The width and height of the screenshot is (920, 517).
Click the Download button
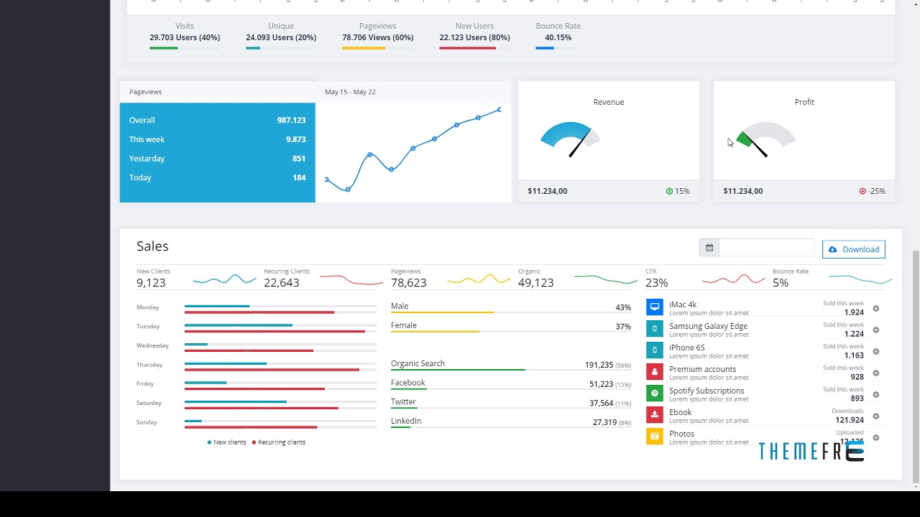853,249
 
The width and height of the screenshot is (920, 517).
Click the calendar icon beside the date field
709,248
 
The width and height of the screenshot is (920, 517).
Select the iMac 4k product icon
654,307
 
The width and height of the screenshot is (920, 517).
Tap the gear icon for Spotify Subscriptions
875,394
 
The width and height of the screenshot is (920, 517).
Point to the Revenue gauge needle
579,143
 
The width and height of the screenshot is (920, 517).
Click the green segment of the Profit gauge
744,139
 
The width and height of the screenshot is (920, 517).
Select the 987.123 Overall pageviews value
291,121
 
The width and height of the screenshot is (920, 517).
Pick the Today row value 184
299,178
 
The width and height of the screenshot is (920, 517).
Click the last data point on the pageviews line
500,110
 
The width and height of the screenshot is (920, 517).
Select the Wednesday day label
152,345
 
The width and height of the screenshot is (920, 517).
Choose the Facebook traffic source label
408,383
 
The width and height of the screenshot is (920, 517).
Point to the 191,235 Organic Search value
598,365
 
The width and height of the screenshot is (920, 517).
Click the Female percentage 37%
622,327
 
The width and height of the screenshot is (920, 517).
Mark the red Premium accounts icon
654,372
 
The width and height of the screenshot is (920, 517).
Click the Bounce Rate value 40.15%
558,37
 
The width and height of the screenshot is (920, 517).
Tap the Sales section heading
152,246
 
